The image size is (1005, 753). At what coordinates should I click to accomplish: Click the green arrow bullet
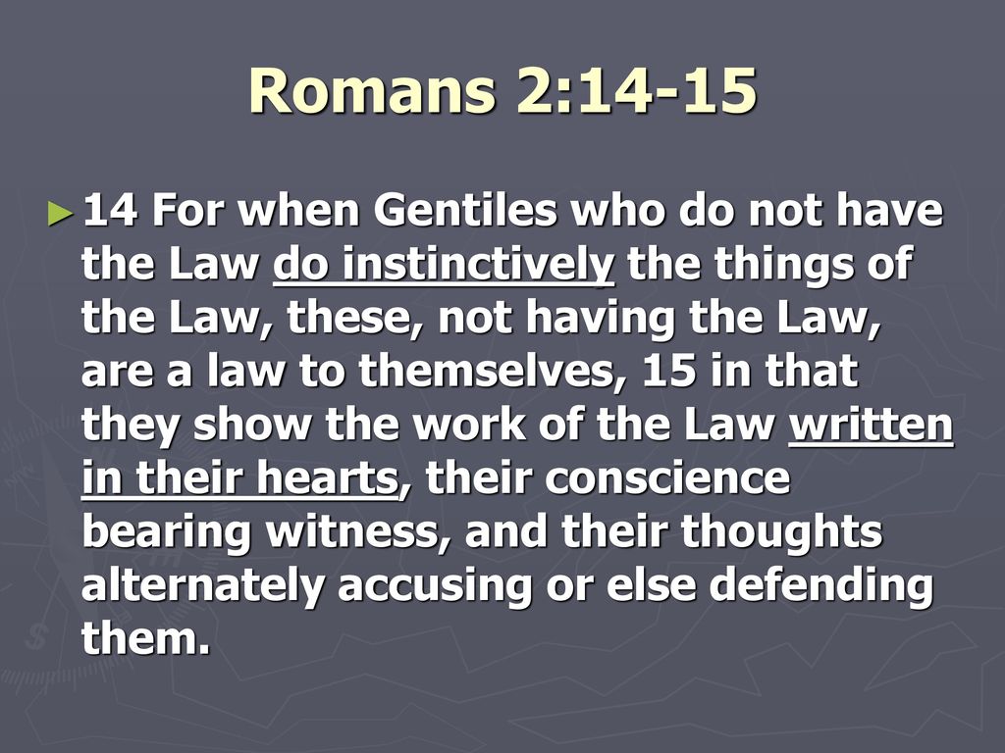pyautogui.click(x=61, y=213)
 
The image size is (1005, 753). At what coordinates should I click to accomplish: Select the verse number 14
pyautogui.click(x=110, y=211)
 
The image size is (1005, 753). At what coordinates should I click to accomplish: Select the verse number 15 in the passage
pyautogui.click(x=668, y=372)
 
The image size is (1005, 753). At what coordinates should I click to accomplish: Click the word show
pyautogui.click(x=251, y=426)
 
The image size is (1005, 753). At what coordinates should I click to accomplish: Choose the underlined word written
pyautogui.click(x=872, y=426)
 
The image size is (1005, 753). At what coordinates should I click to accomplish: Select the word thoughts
pyautogui.click(x=782, y=533)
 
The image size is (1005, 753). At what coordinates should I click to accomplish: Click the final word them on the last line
pyautogui.click(x=146, y=638)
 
